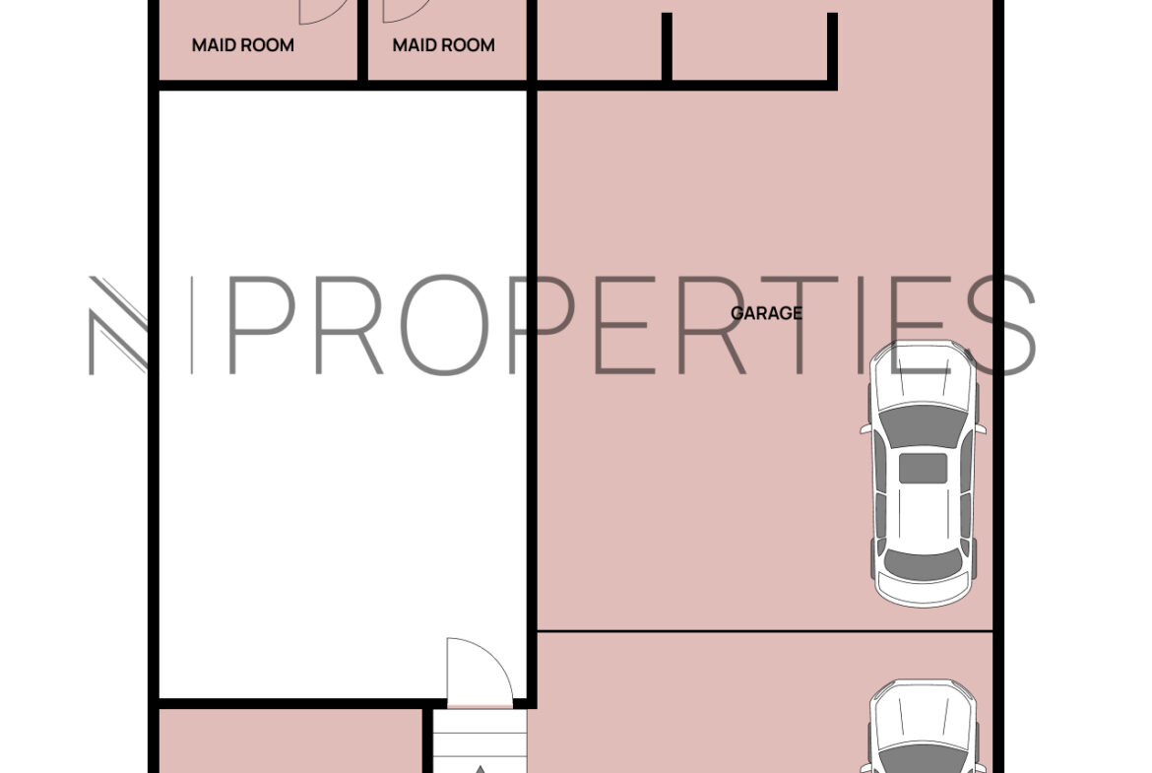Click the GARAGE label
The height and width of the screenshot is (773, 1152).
click(x=766, y=313)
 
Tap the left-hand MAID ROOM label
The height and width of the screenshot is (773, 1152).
click(x=243, y=45)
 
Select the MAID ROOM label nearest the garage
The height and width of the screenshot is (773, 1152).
click(x=444, y=45)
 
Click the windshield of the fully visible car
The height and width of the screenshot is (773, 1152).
click(x=924, y=424)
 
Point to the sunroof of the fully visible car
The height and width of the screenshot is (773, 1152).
click(x=924, y=468)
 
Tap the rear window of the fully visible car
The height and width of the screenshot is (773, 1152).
click(x=924, y=563)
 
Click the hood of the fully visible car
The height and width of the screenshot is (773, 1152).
click(x=924, y=375)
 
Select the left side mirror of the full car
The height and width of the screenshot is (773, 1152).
click(x=865, y=428)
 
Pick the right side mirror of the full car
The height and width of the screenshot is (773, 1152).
click(x=981, y=428)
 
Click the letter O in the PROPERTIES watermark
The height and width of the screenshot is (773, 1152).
click(x=445, y=325)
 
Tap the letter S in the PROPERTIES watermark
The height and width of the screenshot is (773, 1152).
click(x=1001, y=325)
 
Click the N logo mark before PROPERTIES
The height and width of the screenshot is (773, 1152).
click(x=118, y=325)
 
